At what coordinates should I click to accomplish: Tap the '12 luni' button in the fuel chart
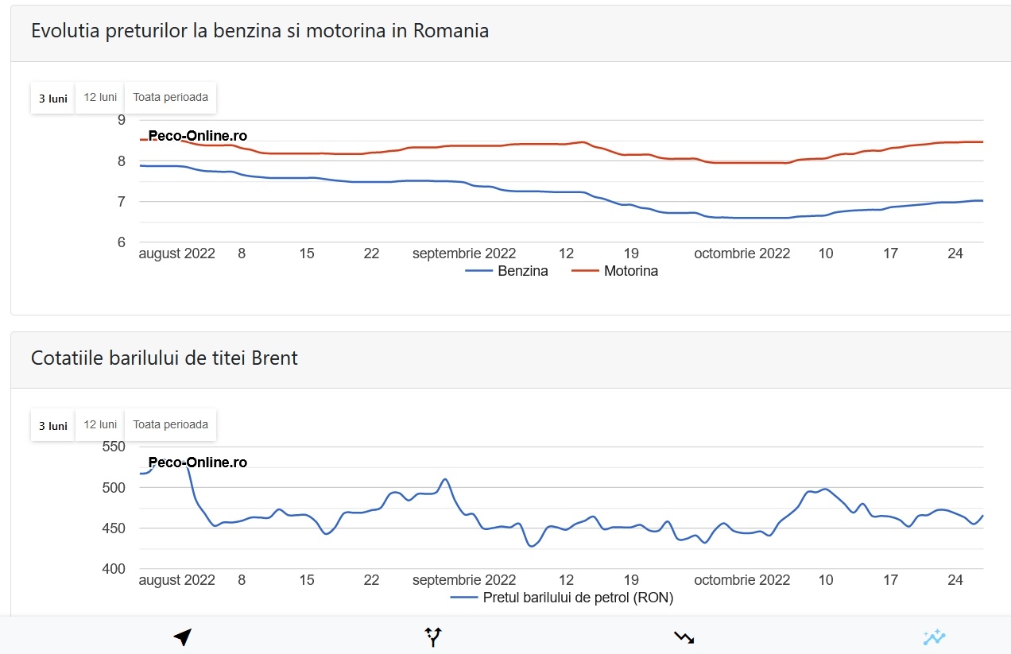click(x=100, y=98)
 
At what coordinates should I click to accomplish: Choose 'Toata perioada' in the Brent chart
click(x=170, y=424)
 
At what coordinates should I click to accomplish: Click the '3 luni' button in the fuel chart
click(x=53, y=99)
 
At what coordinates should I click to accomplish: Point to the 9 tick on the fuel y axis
click(x=122, y=120)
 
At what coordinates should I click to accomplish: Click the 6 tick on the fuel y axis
click(x=122, y=242)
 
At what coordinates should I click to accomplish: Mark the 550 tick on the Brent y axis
click(x=114, y=447)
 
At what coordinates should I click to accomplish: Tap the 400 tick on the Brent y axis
click(x=114, y=569)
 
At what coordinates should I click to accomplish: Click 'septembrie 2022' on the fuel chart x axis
click(x=464, y=253)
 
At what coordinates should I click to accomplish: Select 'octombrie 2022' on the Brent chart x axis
click(x=742, y=580)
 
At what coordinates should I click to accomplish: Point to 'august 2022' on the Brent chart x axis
click(x=177, y=580)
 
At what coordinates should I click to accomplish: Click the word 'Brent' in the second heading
click(x=274, y=358)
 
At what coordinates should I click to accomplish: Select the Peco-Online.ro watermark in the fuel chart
click(x=198, y=136)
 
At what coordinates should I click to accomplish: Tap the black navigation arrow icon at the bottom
click(x=182, y=637)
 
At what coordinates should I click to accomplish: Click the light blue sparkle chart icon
click(x=934, y=637)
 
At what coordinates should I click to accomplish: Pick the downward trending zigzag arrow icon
click(x=684, y=637)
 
